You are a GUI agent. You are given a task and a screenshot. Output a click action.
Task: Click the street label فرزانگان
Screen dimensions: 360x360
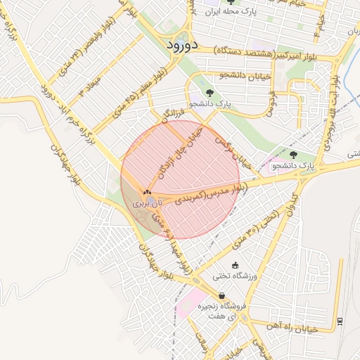point(172,111)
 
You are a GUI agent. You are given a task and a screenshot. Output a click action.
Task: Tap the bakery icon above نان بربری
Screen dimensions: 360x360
point(147,192)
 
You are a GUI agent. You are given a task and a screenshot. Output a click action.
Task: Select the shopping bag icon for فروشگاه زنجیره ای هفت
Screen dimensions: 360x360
point(222,296)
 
